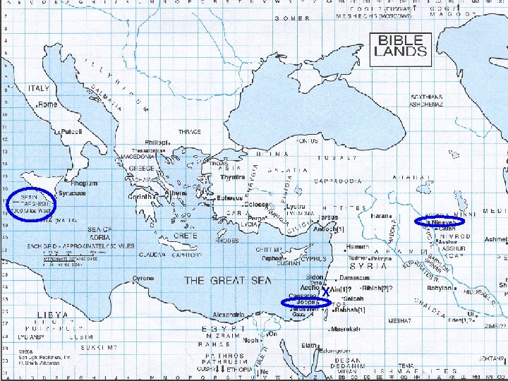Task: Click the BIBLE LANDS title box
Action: [x=401, y=46]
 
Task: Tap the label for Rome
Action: [x=48, y=104]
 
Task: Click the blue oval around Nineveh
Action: [x=439, y=222]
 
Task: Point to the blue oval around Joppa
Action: [x=306, y=303]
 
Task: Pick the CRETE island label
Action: [x=185, y=235]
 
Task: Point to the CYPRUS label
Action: [x=314, y=259]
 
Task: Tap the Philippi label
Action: [x=155, y=142]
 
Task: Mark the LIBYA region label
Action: [x=53, y=315]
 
